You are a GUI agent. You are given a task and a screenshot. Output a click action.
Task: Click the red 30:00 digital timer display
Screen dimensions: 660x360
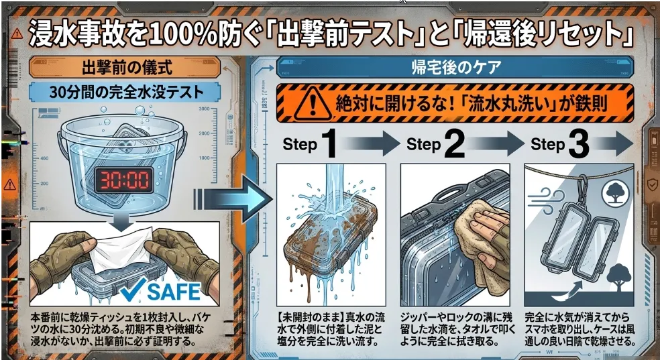[123, 180]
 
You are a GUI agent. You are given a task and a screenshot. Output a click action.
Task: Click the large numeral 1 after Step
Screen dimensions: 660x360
[331, 145]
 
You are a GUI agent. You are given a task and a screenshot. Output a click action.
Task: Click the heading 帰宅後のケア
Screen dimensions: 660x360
[449, 68]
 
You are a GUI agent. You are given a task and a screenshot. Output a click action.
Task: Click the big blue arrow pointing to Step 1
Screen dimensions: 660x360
[233, 198]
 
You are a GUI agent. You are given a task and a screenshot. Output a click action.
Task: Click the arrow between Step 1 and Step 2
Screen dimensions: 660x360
[370, 143]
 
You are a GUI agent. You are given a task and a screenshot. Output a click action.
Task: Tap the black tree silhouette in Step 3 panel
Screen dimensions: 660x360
[617, 278]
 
